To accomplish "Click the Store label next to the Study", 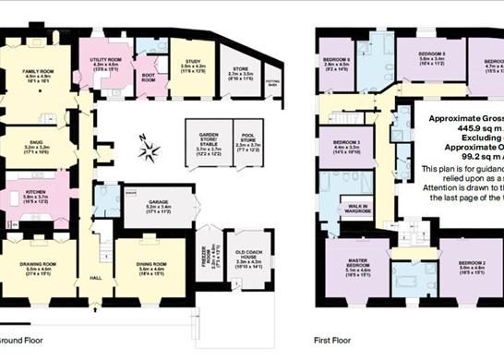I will (240, 68).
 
